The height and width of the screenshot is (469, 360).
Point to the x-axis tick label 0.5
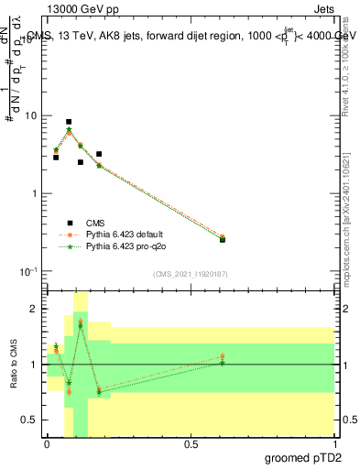pos(191,444)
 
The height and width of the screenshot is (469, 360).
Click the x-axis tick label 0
pos(47,444)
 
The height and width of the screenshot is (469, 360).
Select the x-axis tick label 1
pos(334,444)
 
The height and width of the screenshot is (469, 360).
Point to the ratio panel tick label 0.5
pos(30,420)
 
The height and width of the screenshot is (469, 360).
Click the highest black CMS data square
pos(69,122)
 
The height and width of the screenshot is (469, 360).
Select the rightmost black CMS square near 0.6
pos(223,239)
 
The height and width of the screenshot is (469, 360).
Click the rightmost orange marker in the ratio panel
pos(223,357)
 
